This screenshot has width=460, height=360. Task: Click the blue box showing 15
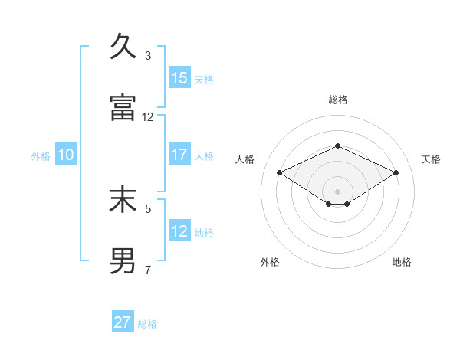(x=179, y=78)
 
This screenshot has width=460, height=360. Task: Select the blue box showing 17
(x=179, y=155)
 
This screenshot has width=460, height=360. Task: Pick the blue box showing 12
(x=179, y=231)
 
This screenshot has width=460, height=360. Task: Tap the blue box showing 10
(x=66, y=155)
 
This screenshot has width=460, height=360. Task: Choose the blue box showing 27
(x=123, y=322)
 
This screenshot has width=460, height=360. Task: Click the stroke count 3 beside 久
(x=148, y=55)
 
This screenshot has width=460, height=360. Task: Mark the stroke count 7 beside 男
(x=148, y=270)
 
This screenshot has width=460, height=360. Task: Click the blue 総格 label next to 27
(x=147, y=324)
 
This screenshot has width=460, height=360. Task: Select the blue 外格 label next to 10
(x=41, y=156)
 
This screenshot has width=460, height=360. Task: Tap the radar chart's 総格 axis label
(x=337, y=100)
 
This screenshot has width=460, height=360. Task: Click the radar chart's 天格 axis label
(x=431, y=159)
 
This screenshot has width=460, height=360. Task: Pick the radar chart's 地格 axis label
(x=402, y=262)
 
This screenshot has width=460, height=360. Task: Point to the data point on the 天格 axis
(x=396, y=172)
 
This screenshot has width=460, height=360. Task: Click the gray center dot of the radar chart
(x=337, y=191)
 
